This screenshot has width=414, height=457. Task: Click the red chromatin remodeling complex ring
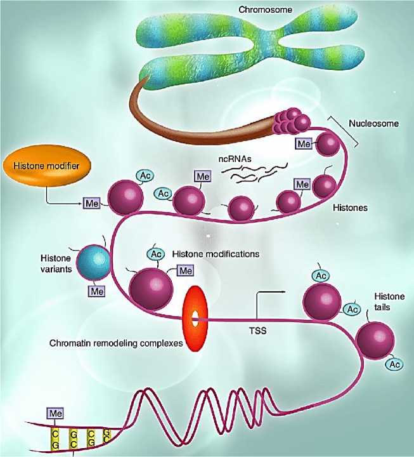point(195,315)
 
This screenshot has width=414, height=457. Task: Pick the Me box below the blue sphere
point(96,291)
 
